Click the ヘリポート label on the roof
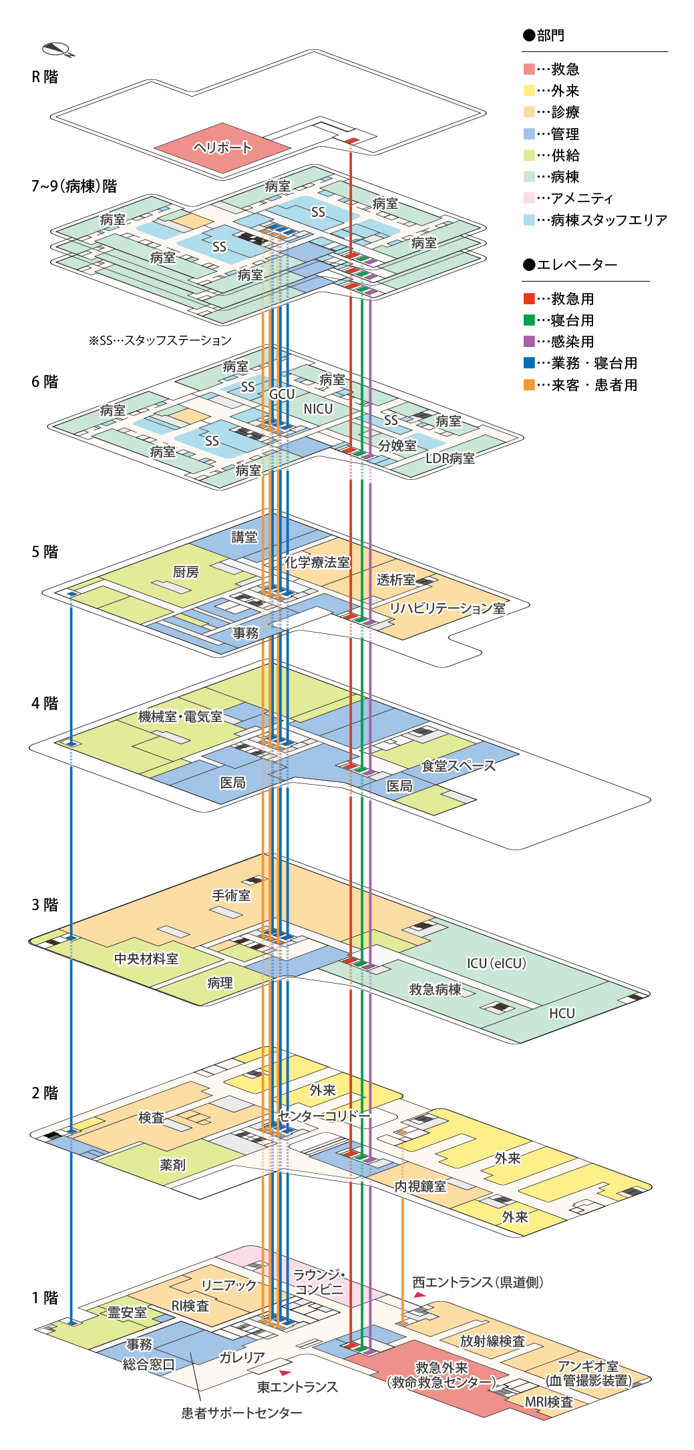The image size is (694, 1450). [222, 147]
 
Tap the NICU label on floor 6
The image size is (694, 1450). [318, 409]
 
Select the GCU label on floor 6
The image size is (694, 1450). [282, 394]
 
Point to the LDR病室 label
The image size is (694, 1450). [450, 458]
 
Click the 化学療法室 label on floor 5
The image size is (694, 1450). [318, 563]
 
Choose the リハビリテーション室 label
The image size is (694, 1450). [448, 608]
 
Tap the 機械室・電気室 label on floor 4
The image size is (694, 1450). [180, 717]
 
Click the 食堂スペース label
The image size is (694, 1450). [458, 766]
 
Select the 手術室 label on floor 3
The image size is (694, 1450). [231, 895]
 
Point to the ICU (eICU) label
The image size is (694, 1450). [496, 963]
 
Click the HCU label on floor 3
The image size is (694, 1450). [562, 1013]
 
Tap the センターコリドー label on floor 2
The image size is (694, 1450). [323, 1116]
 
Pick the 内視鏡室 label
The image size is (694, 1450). [420, 1186]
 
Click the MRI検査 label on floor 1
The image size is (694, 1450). [549, 1402]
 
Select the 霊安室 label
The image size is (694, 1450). [127, 1313]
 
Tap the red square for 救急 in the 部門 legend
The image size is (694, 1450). [529, 69]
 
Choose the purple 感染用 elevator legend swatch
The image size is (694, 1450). [529, 342]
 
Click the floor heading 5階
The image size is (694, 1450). [45, 552]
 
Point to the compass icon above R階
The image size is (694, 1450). [57, 49]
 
